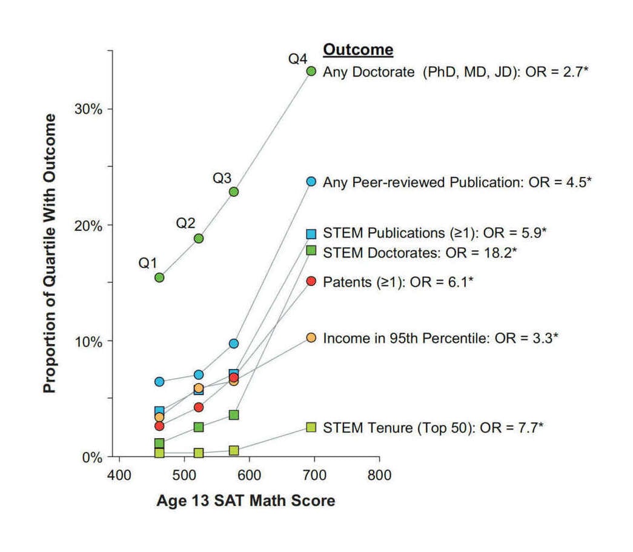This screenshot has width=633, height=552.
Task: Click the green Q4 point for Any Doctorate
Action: [311, 71]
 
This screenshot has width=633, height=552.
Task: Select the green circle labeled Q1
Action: [159, 278]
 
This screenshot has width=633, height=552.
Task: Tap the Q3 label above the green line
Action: [222, 179]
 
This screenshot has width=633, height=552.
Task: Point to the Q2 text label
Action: [186, 224]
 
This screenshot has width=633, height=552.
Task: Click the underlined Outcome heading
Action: [359, 50]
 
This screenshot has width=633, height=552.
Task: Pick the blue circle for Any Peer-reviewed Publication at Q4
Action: [311, 182]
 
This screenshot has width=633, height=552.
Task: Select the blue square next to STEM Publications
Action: [311, 234]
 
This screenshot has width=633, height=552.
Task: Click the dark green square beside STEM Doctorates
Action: [311, 250]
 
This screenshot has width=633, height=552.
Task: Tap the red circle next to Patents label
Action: [311, 281]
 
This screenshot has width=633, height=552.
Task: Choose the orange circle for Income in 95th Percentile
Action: [311, 338]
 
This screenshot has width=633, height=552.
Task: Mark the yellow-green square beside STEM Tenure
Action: [311, 428]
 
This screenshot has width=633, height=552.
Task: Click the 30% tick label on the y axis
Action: [88, 109]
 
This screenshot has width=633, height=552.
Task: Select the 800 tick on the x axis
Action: [379, 474]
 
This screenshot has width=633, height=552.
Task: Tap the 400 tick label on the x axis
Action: [119, 474]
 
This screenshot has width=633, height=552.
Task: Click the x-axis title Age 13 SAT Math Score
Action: [245, 501]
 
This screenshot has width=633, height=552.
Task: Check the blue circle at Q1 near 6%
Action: [159, 382]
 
